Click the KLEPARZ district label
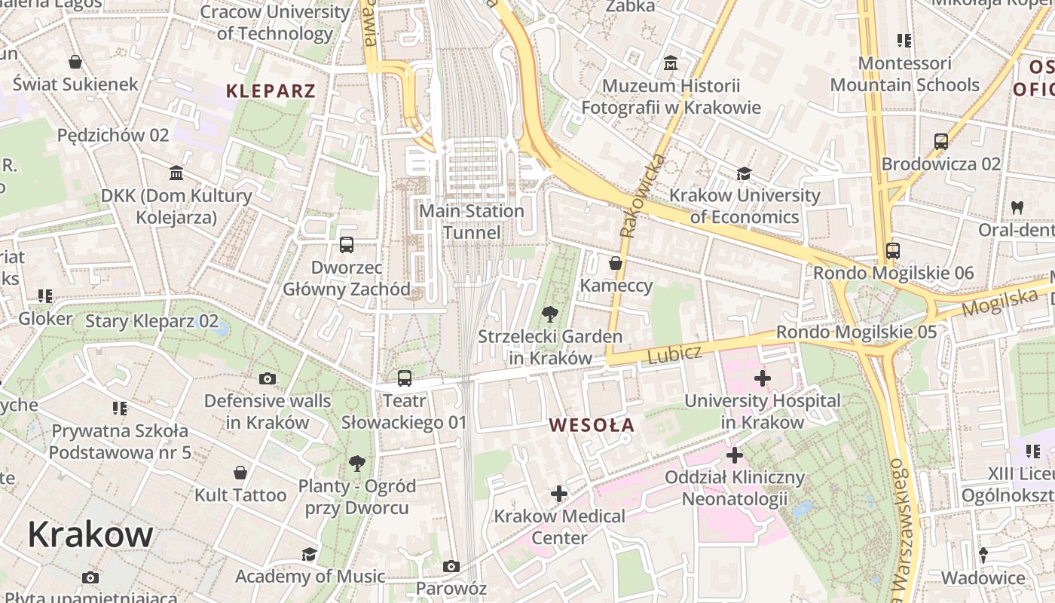point(271,92)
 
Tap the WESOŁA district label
point(592,425)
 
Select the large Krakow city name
point(90,534)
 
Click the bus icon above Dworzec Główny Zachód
point(347,244)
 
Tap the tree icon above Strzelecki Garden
point(550,314)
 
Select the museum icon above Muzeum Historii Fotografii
point(671,63)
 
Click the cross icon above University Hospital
point(763,378)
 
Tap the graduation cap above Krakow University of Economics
point(745,173)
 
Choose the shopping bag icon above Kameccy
point(616,263)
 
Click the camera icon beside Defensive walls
point(267,378)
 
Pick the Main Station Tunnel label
point(472,222)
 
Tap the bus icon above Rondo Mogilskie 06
point(893,250)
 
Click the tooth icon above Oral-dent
point(1017,207)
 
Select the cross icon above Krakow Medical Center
point(559,494)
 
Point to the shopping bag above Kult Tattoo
point(240,473)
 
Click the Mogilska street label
point(999,302)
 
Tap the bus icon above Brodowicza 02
point(941,141)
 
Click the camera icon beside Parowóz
point(451,566)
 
